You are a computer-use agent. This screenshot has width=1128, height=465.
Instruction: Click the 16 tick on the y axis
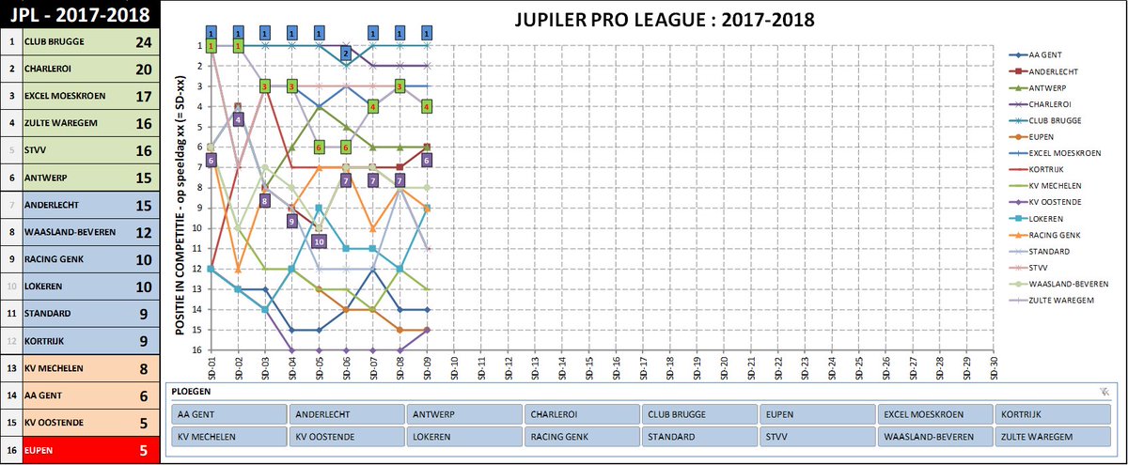(200, 349)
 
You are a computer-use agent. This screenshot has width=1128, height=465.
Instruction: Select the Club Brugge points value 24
(143, 42)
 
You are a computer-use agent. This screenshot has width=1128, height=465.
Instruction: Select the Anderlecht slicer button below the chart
(346, 414)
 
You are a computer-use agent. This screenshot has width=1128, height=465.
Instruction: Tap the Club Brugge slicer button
(698, 414)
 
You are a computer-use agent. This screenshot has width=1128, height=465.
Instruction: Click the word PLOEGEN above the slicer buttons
(193, 392)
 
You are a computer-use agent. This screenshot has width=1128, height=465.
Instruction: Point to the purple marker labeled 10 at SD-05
(319, 241)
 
